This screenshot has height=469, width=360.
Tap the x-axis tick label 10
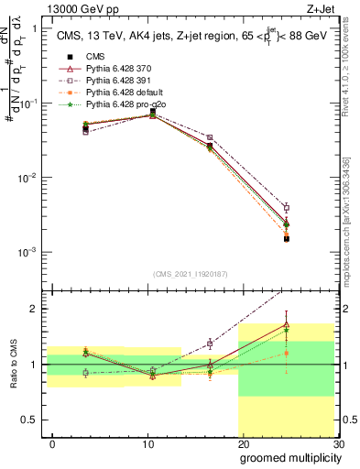click(x=147, y=444)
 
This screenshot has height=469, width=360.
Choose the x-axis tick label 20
click(x=243, y=444)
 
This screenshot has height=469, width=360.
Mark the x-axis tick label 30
click(x=337, y=444)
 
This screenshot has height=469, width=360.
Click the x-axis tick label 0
click(x=52, y=444)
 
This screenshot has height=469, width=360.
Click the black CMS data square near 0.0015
click(x=286, y=238)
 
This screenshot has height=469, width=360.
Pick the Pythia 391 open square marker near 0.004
click(x=286, y=208)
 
